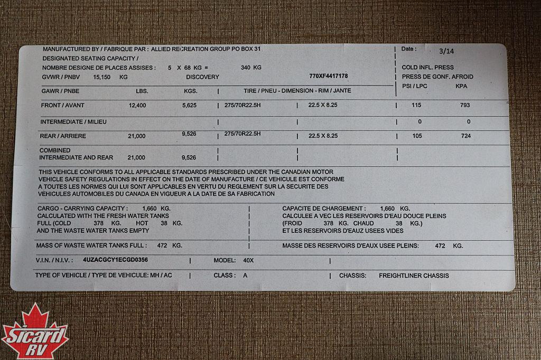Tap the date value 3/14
click(446, 51)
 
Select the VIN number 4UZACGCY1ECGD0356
click(115, 260)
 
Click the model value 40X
click(248, 261)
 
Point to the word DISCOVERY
click(202, 77)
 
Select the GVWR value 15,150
click(102, 77)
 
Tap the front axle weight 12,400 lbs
click(137, 106)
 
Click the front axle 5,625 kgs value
click(189, 106)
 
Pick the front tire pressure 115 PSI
click(416, 106)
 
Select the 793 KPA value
click(465, 106)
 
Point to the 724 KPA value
click(465, 136)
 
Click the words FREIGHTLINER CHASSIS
click(414, 276)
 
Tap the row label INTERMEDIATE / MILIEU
click(73, 122)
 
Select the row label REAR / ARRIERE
click(63, 136)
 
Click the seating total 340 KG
click(251, 68)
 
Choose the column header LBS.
click(142, 91)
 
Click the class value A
click(245, 276)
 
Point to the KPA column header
click(461, 86)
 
